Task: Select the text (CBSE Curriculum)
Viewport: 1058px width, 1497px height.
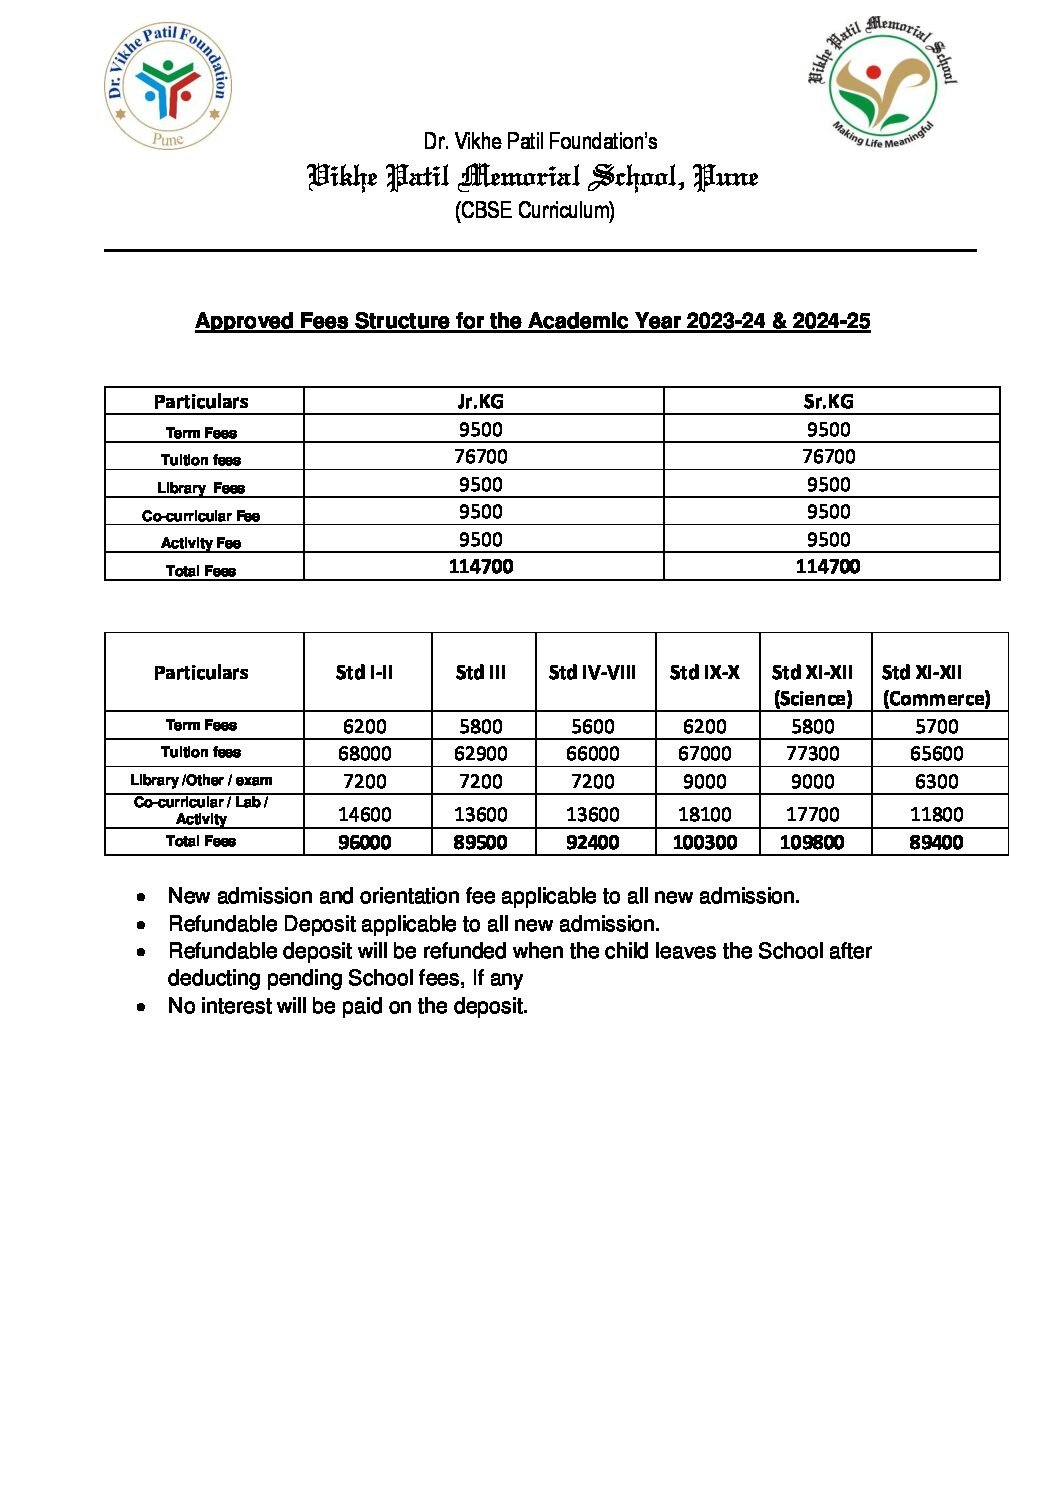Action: (x=534, y=211)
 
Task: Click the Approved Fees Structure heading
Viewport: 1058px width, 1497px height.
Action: (x=532, y=321)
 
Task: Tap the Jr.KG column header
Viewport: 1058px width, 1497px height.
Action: (x=480, y=401)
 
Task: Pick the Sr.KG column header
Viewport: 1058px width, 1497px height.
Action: (x=828, y=401)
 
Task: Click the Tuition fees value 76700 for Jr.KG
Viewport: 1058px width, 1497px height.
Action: (x=480, y=457)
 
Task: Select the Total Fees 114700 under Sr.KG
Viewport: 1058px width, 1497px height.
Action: (x=828, y=567)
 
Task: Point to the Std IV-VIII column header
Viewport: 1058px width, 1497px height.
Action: (x=592, y=672)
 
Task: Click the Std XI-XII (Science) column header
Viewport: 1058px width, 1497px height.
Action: (x=812, y=684)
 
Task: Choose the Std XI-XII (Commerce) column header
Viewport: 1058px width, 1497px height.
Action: (x=936, y=684)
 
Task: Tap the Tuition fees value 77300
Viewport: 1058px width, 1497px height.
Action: (x=812, y=754)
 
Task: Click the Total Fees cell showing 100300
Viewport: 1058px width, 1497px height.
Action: (x=704, y=843)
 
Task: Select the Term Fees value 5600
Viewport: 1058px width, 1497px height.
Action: (x=592, y=727)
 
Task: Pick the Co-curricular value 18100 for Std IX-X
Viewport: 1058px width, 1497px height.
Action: (x=704, y=815)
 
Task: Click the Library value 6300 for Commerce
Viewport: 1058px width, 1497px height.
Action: (x=936, y=782)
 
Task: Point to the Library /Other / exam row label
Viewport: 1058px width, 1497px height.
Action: (x=201, y=780)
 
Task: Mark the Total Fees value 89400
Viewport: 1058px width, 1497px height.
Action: (x=936, y=843)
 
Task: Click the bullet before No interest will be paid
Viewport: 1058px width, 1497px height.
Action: (x=142, y=1007)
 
